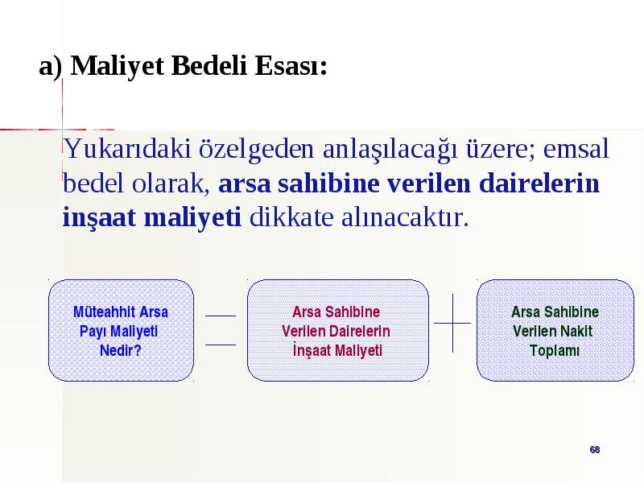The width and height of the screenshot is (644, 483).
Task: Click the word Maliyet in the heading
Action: (118, 66)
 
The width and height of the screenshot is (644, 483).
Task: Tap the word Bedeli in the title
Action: (209, 65)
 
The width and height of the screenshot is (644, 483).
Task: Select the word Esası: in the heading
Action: (291, 65)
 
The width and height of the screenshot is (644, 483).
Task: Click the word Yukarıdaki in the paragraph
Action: (127, 148)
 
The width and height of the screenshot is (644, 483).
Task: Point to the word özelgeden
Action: (257, 150)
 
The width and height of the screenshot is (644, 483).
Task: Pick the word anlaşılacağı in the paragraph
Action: (390, 150)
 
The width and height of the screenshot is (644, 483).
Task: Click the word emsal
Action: (576, 148)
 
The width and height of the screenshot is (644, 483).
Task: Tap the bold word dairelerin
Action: (539, 184)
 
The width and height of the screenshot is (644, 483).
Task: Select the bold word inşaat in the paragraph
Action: (99, 217)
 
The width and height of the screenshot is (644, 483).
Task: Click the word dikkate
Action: (291, 217)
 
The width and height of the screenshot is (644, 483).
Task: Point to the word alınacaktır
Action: (405, 217)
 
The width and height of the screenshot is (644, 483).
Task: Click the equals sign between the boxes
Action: (221, 330)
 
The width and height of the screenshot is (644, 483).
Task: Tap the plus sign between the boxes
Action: (452, 324)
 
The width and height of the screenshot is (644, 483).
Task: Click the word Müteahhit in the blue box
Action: (105, 312)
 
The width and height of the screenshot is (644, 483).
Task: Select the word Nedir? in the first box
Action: (120, 350)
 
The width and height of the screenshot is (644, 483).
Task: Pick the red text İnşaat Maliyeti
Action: (337, 350)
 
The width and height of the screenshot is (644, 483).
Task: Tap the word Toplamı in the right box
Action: (555, 351)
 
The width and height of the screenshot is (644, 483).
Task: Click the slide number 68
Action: (595, 450)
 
